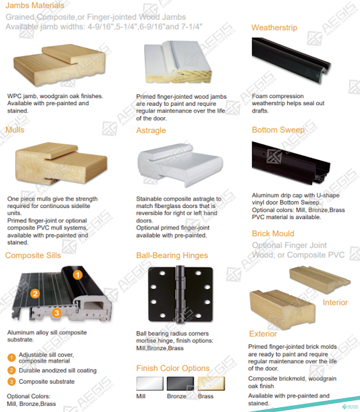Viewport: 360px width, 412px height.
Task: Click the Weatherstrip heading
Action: point(274,27)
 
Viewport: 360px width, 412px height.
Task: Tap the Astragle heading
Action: point(151,130)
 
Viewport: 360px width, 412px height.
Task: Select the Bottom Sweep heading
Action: point(278,130)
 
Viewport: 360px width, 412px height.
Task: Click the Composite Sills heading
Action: point(33,255)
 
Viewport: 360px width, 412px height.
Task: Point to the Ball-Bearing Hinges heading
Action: point(172,255)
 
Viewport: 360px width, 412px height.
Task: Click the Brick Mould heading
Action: point(273,233)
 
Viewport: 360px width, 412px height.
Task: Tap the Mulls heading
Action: point(15,130)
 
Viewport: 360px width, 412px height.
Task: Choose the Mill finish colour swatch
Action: point(150,384)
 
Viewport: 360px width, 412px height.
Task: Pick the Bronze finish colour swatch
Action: point(181,384)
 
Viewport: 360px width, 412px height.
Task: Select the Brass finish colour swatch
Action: point(211,384)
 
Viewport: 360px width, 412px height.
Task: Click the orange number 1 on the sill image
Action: point(78,275)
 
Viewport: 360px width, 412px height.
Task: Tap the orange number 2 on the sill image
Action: point(35,293)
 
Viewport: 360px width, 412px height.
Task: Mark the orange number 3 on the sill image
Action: point(56,312)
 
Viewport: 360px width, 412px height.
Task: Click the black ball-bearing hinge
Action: point(181,295)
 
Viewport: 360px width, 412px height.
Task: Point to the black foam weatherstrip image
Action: point(291,60)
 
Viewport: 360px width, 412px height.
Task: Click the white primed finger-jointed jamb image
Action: point(178,62)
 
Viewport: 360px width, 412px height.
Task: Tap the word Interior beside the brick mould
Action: point(335,302)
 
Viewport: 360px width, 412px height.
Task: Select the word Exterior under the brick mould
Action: point(263,334)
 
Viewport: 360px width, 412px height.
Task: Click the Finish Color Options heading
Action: point(172,368)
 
